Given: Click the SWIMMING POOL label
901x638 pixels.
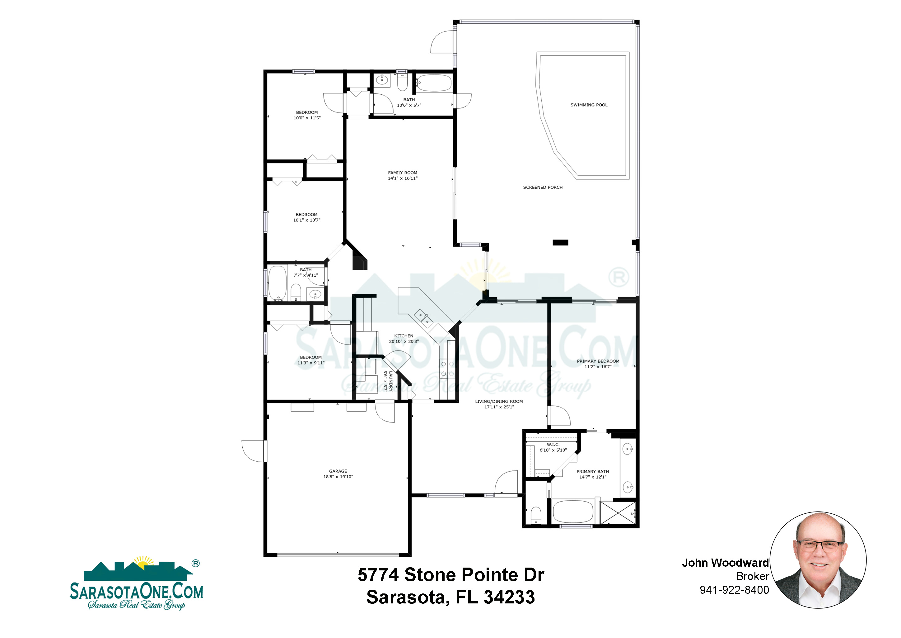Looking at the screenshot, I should (589, 105).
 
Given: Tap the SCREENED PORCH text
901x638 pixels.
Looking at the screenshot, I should (543, 188).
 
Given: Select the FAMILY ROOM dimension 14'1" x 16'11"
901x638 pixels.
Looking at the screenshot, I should (403, 179).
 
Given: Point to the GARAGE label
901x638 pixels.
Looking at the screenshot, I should (338, 471).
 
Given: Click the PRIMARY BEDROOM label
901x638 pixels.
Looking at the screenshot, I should (598, 361).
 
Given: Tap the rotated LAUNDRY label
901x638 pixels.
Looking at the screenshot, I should (390, 381).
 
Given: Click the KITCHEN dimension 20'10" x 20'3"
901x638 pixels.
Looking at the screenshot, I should (404, 341).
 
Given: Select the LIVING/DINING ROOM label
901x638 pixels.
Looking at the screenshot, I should (499, 402).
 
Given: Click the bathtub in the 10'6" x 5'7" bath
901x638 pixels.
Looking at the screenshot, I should (434, 83).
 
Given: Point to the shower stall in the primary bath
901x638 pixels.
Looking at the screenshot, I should (618, 513).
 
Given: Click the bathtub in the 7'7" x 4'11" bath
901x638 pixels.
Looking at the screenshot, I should (278, 283).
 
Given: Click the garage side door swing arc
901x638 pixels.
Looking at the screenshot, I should (253, 451).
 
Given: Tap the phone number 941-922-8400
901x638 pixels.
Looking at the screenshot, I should (734, 590).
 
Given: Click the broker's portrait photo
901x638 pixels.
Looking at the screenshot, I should (818, 559).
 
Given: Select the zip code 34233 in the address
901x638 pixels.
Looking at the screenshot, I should (509, 597).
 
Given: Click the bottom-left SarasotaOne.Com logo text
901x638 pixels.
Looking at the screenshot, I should (137, 592).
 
